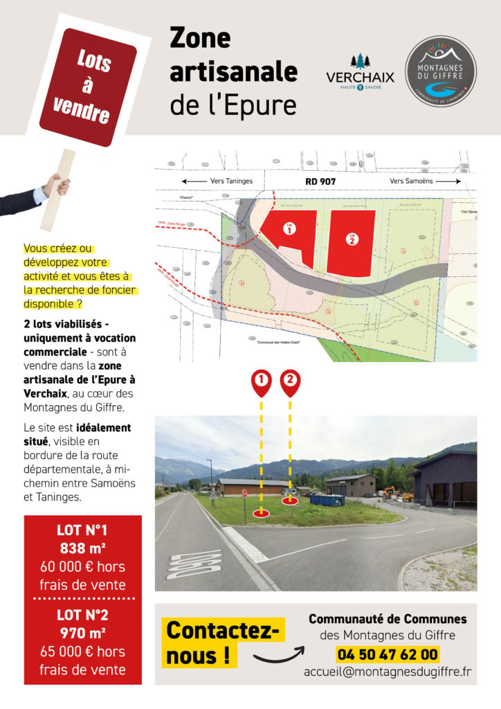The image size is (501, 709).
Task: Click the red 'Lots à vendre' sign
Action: [86, 86]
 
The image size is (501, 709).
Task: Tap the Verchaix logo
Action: [360, 73]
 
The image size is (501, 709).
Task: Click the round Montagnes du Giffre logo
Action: [440, 71]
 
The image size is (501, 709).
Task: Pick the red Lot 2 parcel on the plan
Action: [352, 239]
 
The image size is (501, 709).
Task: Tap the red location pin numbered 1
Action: [262, 382]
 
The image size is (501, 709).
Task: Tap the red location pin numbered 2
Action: [290, 382]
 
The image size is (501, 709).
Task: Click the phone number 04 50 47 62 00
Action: [388, 654]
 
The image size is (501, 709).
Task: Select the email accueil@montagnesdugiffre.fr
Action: [388, 672]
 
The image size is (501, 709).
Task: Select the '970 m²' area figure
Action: [82, 633]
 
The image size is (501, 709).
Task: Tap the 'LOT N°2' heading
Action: [82, 615]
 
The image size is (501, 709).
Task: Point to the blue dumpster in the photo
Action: [326, 499]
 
